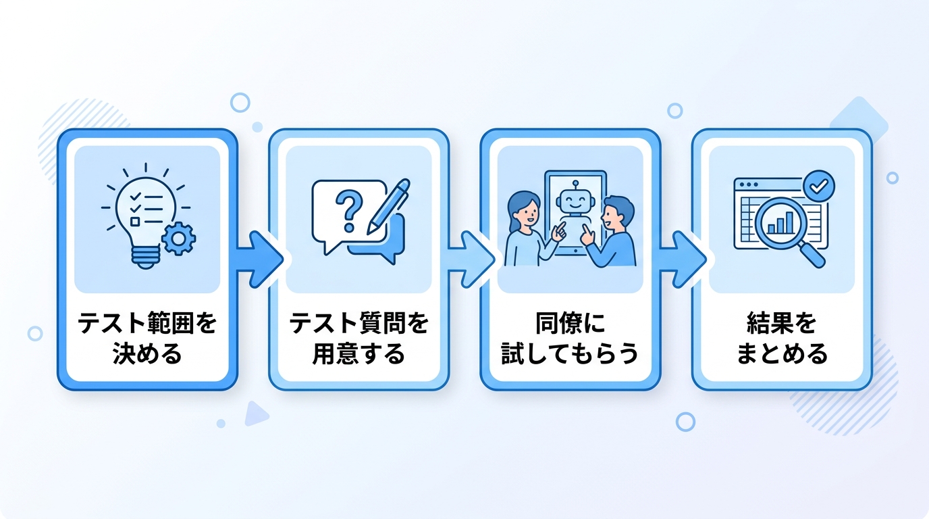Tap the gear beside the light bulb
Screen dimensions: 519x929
[179, 238]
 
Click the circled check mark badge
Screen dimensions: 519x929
[819, 186]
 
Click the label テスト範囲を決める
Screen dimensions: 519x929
[147, 339]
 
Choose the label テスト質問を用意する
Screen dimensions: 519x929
[359, 339]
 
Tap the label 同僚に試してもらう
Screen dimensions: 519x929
[570, 339]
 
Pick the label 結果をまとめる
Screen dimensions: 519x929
[782, 339]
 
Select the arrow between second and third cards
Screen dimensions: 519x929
[471, 259]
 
